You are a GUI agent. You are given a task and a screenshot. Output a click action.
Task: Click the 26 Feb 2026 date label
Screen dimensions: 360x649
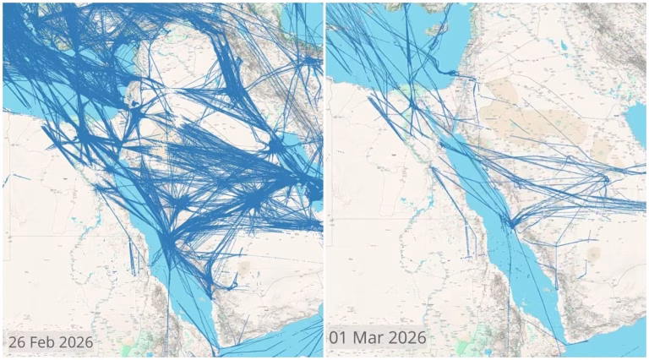pyautogui.click(x=51, y=342)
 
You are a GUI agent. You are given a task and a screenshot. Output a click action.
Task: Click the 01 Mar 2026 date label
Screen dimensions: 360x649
pyautogui.click(x=378, y=337)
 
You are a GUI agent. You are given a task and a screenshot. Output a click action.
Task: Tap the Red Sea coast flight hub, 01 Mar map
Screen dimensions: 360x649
pyautogui.click(x=510, y=221)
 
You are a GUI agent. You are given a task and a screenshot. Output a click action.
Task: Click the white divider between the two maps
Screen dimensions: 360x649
pyautogui.click(x=324, y=180)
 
